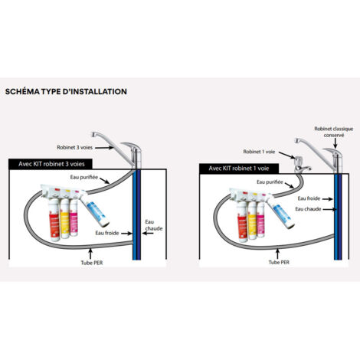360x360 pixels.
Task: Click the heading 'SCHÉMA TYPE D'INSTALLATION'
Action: pyautogui.click(x=66, y=92)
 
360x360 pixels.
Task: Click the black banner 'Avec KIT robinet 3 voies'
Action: pyautogui.click(x=51, y=164)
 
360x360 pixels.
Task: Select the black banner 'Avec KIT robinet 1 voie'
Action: pyautogui.click(x=239, y=169)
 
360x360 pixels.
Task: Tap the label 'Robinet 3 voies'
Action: pyautogui.click(x=74, y=148)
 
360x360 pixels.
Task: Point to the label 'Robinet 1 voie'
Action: pyautogui.click(x=259, y=152)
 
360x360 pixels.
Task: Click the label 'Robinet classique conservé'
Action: pyautogui.click(x=334, y=132)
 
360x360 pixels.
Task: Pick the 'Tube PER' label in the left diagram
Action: pyautogui.click(x=92, y=263)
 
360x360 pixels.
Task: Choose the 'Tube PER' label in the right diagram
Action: pyautogui.click(x=279, y=262)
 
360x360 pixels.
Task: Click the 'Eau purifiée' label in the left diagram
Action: pyautogui.click(x=84, y=177)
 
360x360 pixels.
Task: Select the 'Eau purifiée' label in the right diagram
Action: pyautogui.click(x=270, y=182)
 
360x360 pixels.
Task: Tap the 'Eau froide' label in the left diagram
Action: pyautogui.click(x=107, y=233)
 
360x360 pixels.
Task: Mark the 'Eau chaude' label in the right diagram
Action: pyautogui.click(x=308, y=209)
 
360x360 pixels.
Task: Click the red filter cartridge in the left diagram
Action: pyautogui.click(x=54, y=220)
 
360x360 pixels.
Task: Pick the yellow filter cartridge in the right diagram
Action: pyautogui.click(x=252, y=221)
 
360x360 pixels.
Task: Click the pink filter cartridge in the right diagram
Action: pyautogui.click(x=260, y=219)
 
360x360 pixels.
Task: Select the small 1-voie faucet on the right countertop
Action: pyautogui.click(x=301, y=165)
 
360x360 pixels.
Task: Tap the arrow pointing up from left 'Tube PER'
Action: pyautogui.click(x=90, y=254)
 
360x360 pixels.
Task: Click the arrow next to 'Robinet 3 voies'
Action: pyautogui.click(x=105, y=147)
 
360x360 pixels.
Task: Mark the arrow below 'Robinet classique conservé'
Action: pyautogui.click(x=335, y=144)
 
